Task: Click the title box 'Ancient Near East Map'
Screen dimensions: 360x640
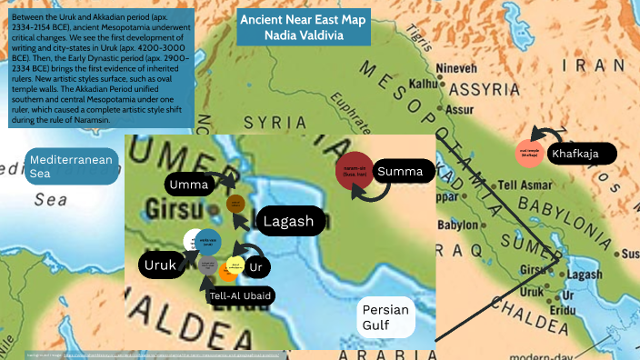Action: (304, 27)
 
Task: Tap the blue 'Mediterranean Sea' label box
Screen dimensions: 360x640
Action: (72, 165)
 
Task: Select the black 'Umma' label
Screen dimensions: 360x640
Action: (188, 185)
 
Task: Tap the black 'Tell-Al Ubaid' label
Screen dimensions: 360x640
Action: (241, 295)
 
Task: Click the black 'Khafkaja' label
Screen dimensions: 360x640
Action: (582, 154)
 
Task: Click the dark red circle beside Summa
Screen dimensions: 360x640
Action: (355, 171)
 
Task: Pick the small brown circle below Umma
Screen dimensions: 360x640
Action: (235, 204)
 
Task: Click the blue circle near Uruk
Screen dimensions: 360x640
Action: (207, 243)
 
